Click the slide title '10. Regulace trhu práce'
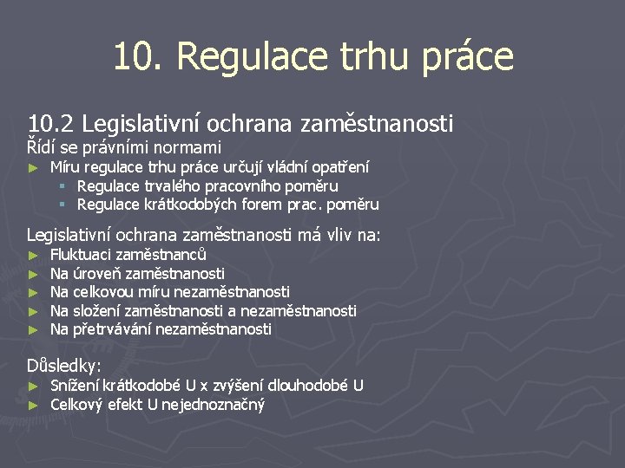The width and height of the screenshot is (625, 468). click(312, 57)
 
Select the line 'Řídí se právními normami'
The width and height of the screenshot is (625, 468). click(124, 147)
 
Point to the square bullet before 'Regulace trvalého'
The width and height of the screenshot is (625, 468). click(63, 186)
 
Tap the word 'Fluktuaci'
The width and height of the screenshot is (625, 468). click(81, 255)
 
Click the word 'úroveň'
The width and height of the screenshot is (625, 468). click(97, 274)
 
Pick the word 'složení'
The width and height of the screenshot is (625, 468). click(97, 310)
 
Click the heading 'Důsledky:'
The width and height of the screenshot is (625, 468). click(64, 366)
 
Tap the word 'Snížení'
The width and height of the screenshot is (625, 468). click(76, 386)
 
